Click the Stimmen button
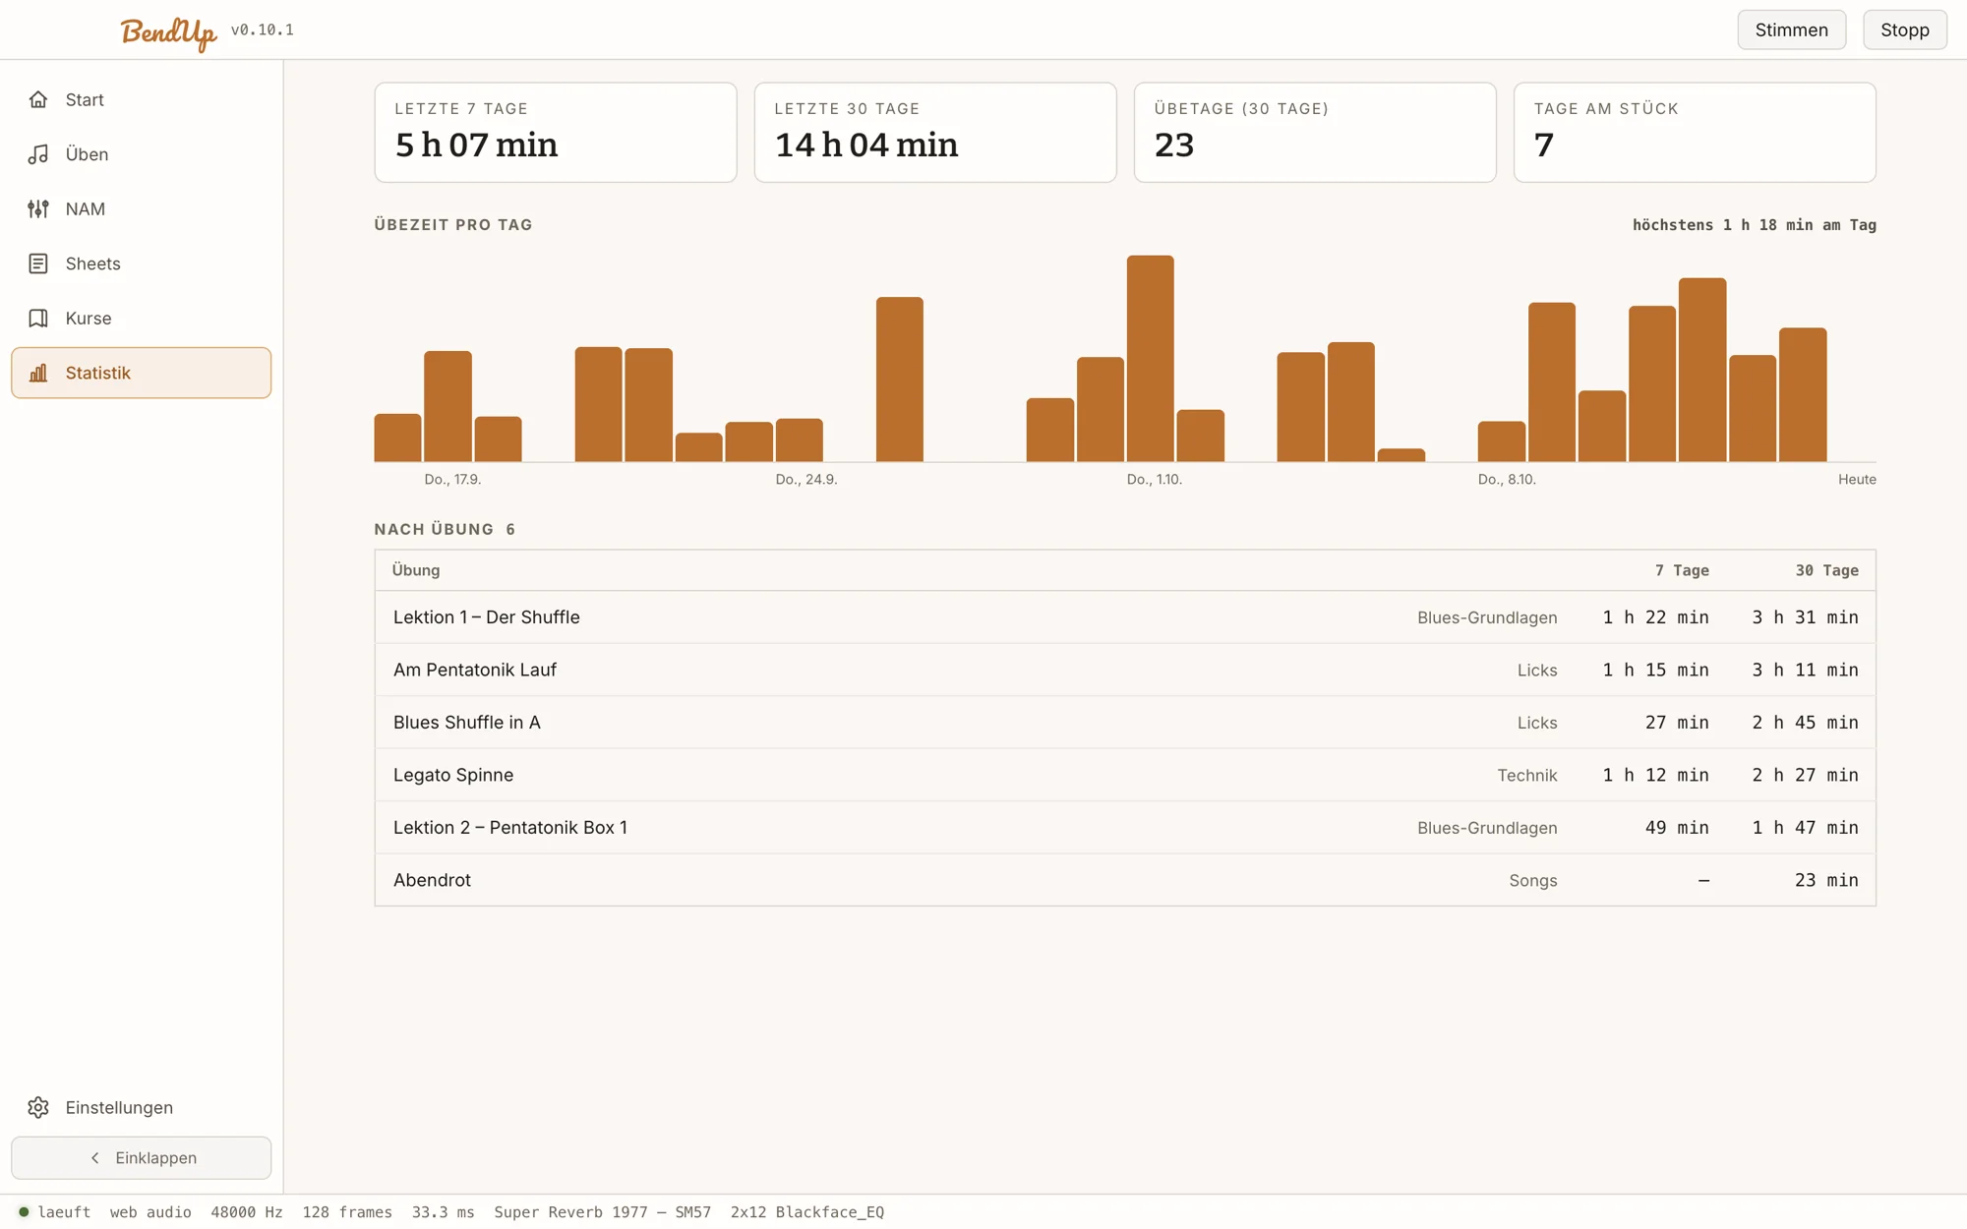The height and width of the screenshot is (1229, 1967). (1791, 29)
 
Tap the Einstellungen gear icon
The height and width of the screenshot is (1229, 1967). (38, 1107)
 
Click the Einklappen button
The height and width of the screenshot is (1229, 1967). (141, 1157)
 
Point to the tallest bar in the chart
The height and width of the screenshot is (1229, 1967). (1150, 358)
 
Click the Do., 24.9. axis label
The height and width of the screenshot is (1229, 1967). (806, 479)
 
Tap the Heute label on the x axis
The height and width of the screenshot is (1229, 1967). (1857, 479)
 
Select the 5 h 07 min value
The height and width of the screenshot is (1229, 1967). (476, 145)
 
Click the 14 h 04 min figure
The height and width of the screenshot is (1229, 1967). (866, 145)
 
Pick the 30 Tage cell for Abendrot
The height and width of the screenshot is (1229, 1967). (1826, 880)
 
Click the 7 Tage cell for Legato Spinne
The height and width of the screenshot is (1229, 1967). (1656, 775)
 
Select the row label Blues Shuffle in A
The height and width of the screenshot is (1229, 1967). (467, 722)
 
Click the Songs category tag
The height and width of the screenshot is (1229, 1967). (1533, 880)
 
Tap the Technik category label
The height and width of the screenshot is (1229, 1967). (1527, 775)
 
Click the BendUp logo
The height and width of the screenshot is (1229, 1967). (168, 32)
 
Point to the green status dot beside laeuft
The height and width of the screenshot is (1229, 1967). (24, 1211)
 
